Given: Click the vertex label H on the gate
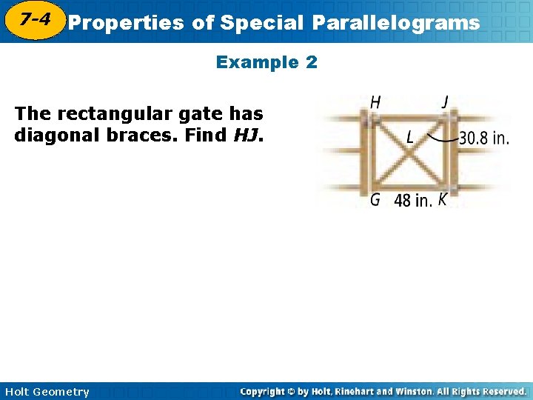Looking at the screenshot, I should (x=375, y=103).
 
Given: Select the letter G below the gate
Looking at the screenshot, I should (x=375, y=199).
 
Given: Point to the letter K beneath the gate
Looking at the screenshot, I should (x=442, y=199).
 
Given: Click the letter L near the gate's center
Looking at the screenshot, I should (x=410, y=137).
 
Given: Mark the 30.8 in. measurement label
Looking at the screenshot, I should (x=484, y=138).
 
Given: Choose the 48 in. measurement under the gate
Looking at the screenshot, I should (x=413, y=200).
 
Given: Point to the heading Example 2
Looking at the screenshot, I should (x=266, y=62).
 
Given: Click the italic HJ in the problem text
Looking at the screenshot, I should (x=247, y=136).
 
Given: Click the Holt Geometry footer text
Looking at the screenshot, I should (x=46, y=392).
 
